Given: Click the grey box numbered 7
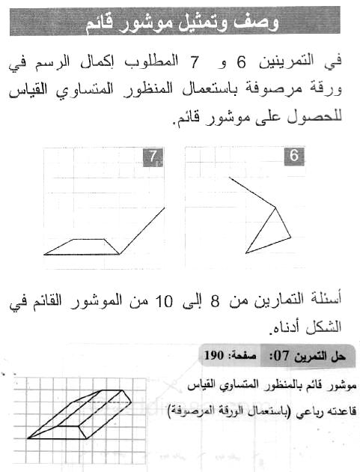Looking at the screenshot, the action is tap(153, 157).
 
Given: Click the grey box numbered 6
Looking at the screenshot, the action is tap(294, 157).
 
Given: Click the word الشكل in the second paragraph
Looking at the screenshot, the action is tap(326, 327).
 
